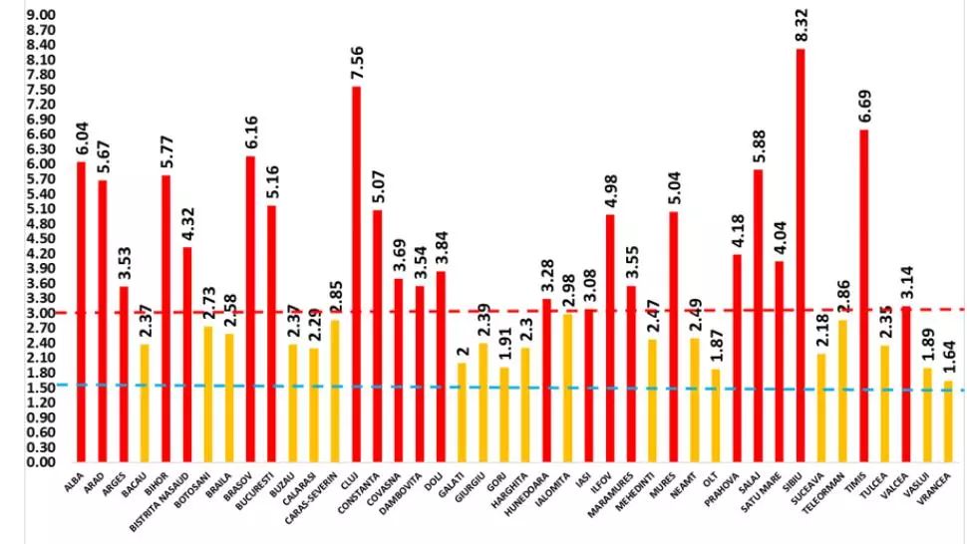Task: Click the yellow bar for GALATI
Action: (x=462, y=412)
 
